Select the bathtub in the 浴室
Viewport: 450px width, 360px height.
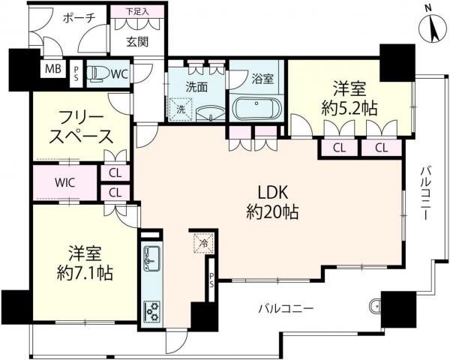[256, 108]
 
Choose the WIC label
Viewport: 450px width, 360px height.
[64, 182]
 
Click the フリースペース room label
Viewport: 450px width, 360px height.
[81, 128]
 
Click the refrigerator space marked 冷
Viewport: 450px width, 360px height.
[202, 243]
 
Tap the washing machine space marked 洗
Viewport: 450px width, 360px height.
[181, 109]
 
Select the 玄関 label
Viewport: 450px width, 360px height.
[136, 41]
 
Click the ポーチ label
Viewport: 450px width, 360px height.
[77, 19]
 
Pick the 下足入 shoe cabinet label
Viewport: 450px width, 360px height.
[136, 11]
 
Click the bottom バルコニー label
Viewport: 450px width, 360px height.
[286, 308]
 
